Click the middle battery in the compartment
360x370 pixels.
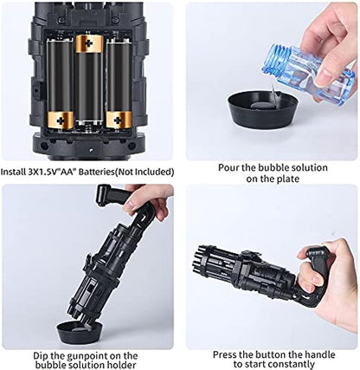[x=88, y=87]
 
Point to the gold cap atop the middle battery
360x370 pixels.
[x=88, y=41]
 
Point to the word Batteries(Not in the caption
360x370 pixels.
[x=128, y=172]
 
